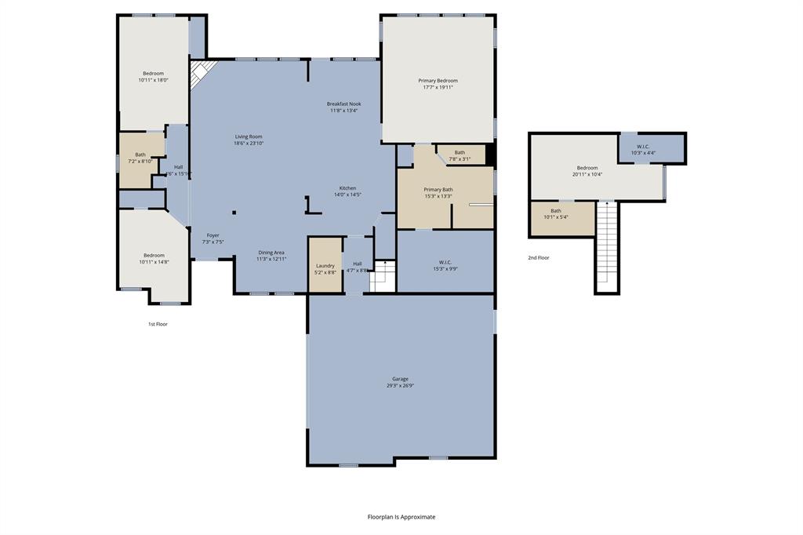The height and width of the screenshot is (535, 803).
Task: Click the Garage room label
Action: coord(400,382)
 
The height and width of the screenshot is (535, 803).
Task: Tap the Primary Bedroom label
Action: coord(438,84)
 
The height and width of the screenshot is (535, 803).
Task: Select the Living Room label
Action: coord(249,140)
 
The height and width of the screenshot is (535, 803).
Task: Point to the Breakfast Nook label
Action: coord(343,107)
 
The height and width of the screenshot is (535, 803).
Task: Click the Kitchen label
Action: coord(347,191)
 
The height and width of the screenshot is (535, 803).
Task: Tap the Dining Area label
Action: coord(272,256)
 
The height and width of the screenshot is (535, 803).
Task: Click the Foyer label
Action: coord(213,238)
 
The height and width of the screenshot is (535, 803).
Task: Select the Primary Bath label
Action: coord(438,192)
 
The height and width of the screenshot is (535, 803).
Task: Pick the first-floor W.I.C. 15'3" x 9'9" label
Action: coord(445,265)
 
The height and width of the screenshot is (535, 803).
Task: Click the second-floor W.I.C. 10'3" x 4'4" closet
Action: coord(643,149)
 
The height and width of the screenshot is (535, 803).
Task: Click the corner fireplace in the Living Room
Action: coord(202,75)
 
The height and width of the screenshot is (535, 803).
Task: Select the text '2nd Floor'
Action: coord(538,257)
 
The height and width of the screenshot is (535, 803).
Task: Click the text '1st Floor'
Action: coord(158,324)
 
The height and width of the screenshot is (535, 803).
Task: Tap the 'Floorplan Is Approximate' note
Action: coord(401,517)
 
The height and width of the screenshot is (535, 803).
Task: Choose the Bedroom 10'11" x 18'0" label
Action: coord(153,76)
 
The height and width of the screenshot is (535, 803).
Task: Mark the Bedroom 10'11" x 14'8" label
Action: coord(154,258)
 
